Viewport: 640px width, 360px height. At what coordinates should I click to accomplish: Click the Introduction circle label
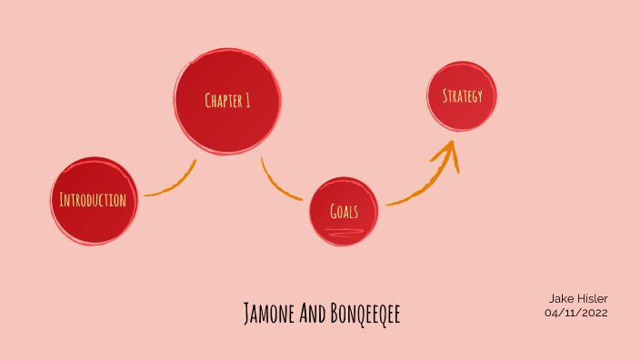coord(92,200)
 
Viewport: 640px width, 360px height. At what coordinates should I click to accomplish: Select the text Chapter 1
coord(227,100)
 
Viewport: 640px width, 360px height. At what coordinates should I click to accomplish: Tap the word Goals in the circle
coord(344,212)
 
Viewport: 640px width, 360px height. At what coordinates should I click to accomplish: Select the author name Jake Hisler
coord(577,298)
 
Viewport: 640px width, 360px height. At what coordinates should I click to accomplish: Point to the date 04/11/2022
coord(576,313)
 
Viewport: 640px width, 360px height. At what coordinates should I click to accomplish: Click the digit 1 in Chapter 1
coord(247,100)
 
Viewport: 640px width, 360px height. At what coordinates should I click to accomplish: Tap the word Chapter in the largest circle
coord(223,100)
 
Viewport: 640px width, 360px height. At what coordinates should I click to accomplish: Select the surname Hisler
coord(590,298)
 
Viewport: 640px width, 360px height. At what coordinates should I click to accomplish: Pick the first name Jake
coord(560,298)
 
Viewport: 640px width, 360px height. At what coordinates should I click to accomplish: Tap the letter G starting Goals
coord(334,212)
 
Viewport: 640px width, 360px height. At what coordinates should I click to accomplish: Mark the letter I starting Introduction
coord(61,200)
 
